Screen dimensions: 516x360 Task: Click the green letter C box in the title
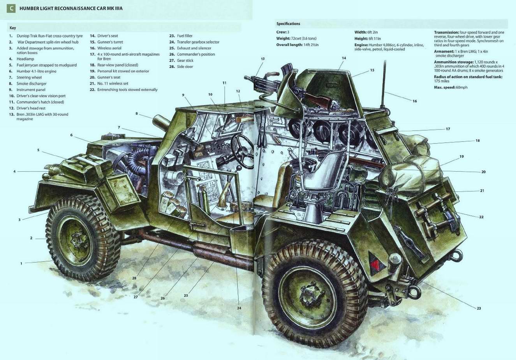11,9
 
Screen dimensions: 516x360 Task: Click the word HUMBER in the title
27,9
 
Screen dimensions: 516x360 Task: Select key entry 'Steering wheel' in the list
29,77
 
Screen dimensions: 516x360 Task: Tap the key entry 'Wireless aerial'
109,48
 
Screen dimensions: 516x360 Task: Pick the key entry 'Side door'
185,67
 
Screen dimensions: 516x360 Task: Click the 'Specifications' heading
288,23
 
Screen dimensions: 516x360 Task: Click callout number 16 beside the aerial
415,101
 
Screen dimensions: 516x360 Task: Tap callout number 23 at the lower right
479,308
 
